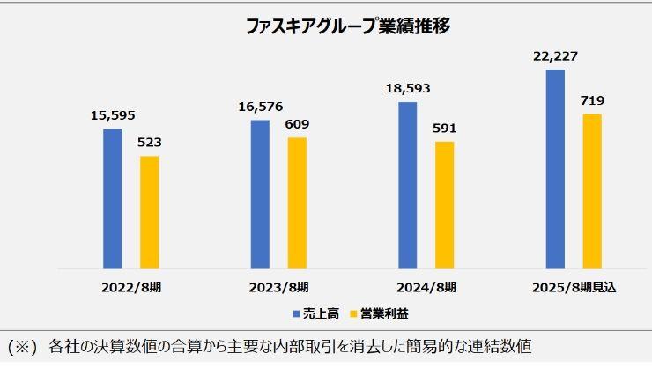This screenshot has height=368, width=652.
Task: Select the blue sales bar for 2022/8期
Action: [x=113, y=198]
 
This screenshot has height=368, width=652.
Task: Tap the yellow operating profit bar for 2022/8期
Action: [x=150, y=211]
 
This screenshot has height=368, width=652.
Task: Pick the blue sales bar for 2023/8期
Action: [x=260, y=194]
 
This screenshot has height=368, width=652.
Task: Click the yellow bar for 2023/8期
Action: [x=298, y=202]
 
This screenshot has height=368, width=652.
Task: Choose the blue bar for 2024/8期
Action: [x=408, y=185]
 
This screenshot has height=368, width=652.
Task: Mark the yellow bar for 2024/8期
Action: [x=445, y=204]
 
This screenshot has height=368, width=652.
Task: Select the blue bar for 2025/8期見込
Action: [x=555, y=168]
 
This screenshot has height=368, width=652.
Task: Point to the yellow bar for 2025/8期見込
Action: [x=592, y=190]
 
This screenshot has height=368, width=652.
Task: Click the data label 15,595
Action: [x=113, y=115]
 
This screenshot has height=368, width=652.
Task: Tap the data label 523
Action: [x=150, y=142]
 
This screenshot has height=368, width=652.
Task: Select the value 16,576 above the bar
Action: [x=261, y=107]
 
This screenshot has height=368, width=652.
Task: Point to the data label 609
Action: [x=298, y=124]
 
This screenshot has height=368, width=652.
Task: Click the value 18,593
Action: [x=408, y=89]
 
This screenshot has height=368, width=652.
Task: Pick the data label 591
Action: [x=445, y=128]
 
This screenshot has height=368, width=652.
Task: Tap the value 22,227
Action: [x=555, y=56]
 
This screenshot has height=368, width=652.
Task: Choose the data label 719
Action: [x=592, y=100]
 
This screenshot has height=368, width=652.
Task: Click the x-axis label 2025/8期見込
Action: [x=574, y=287]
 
